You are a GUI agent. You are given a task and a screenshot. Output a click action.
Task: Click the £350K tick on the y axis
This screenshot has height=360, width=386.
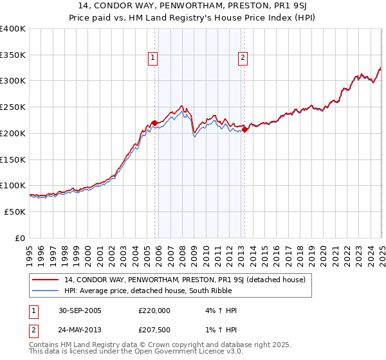(13, 55)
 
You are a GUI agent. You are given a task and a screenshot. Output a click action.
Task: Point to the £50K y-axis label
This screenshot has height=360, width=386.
(15, 212)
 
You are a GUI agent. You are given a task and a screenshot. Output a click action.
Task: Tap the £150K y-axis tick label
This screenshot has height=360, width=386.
(13, 159)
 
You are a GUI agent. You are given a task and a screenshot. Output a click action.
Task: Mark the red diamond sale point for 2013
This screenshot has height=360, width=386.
(245, 129)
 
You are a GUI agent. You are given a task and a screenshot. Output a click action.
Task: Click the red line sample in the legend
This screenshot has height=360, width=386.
(46, 280)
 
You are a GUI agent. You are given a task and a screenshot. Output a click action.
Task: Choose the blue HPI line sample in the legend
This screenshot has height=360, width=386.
(46, 291)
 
